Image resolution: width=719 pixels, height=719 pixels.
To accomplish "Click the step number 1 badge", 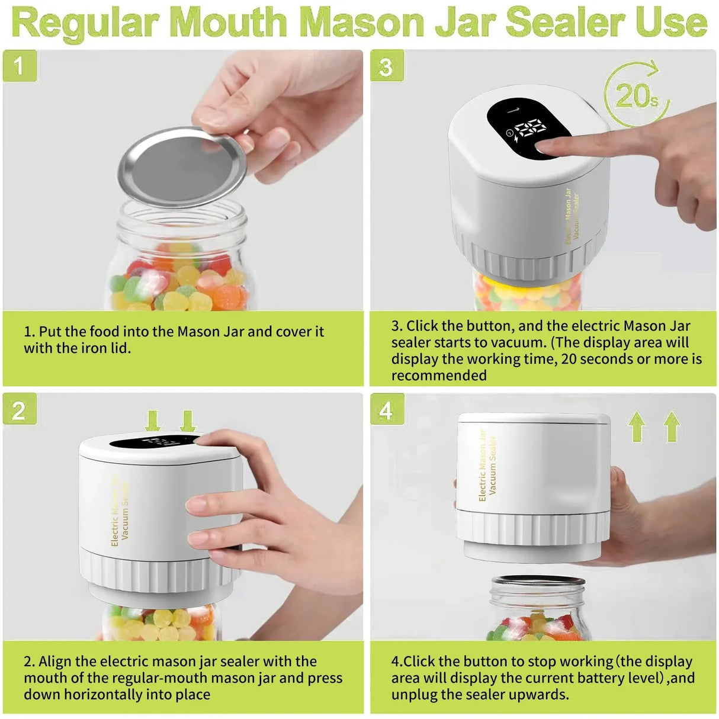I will click(x=20, y=66).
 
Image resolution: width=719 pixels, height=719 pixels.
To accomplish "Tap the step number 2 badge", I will click(x=20, y=410).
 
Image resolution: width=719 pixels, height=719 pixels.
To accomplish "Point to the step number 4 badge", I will click(x=386, y=410).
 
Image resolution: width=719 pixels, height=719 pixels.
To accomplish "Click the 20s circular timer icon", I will click(x=636, y=95).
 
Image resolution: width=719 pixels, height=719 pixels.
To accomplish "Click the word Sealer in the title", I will click(x=566, y=22).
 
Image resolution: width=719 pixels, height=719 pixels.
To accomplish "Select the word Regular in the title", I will click(x=86, y=22).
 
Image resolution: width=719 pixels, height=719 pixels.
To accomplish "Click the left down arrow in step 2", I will click(x=153, y=421).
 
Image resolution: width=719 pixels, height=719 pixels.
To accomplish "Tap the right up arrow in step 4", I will click(x=672, y=426).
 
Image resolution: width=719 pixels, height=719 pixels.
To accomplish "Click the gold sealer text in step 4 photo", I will click(x=487, y=466).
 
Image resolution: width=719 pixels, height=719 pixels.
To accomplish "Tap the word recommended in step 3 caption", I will click(x=439, y=375).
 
